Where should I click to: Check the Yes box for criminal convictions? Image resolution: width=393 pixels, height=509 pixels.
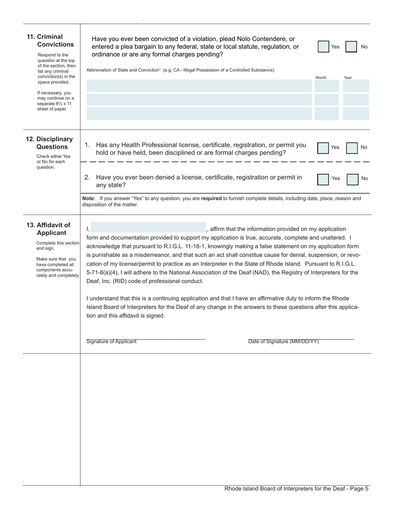(x=324, y=47)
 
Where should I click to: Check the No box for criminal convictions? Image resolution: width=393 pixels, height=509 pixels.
(x=351, y=47)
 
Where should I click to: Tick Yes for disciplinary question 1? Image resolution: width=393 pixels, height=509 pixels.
(x=323, y=148)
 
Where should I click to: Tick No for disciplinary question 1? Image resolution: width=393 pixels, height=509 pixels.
(x=352, y=148)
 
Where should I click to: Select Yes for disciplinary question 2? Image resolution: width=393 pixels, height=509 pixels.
(x=323, y=179)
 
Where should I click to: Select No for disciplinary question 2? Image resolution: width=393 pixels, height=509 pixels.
(x=352, y=179)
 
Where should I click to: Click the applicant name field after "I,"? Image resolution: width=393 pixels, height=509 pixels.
(x=148, y=228)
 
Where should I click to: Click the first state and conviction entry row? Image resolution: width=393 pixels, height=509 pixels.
(x=199, y=86)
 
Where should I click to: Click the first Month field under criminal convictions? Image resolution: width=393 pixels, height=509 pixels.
(x=326, y=86)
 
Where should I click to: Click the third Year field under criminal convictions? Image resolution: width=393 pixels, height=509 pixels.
(x=356, y=113)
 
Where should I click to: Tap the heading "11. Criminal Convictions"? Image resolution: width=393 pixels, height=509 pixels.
(x=51, y=41)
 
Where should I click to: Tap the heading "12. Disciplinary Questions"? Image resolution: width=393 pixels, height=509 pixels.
(x=50, y=143)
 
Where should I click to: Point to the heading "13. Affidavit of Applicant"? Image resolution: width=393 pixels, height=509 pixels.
(x=49, y=229)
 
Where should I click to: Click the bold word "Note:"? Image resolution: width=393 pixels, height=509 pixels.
(x=89, y=199)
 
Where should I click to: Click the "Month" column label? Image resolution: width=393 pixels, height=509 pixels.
(x=321, y=77)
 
